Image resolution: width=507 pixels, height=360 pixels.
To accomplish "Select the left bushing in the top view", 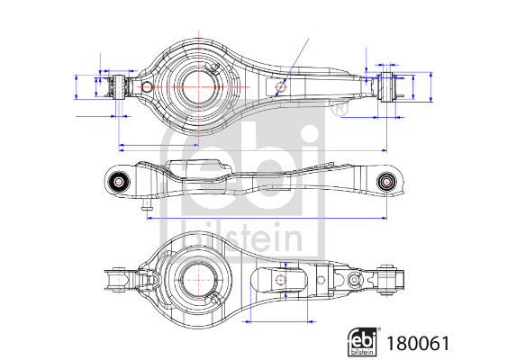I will tap(115, 88).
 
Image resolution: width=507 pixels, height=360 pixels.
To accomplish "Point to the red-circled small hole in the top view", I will tap(281, 87).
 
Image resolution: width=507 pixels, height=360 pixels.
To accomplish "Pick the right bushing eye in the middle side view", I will tap(387, 181).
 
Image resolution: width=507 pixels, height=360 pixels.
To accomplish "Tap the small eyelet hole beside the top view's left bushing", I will tap(144, 87).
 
